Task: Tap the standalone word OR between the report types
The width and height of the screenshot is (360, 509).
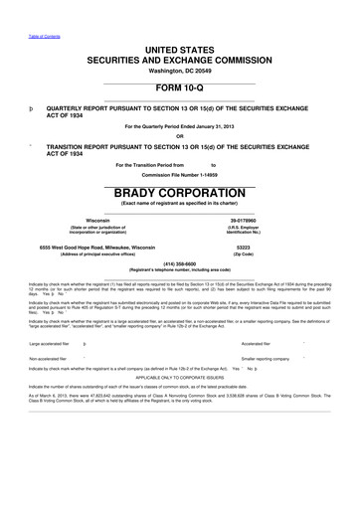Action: tap(179, 136)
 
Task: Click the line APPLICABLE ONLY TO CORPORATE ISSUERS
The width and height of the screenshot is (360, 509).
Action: tap(179, 377)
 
